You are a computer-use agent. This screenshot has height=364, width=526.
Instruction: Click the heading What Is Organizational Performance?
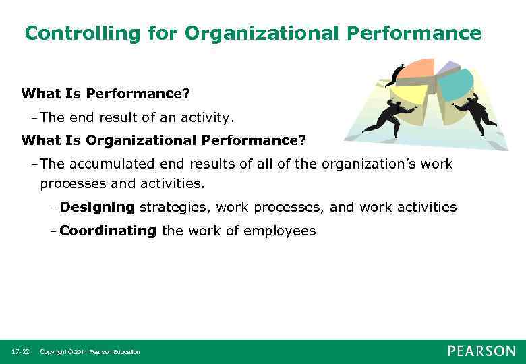(163, 140)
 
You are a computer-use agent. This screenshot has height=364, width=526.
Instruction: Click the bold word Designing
(97, 207)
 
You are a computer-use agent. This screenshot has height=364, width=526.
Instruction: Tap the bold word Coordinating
(108, 231)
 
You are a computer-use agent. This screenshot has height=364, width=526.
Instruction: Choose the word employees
(279, 231)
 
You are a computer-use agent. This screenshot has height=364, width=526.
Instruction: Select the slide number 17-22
(20, 352)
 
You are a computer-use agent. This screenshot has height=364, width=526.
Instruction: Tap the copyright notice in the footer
(90, 352)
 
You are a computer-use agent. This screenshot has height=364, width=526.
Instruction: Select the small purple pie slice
(447, 67)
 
